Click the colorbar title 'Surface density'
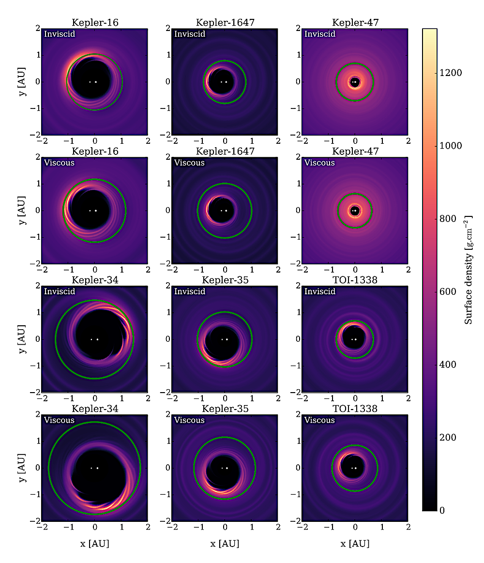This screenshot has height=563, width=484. point(469,270)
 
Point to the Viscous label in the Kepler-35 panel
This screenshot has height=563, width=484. point(189,420)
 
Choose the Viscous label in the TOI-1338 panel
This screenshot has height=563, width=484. point(319,420)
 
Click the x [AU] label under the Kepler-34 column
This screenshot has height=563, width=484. point(95,544)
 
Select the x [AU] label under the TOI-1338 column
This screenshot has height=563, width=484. point(355,544)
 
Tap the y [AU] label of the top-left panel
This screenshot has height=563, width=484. point(22,82)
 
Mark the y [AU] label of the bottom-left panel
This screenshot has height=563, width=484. point(22,468)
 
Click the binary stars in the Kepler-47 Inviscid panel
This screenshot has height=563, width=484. point(355,82)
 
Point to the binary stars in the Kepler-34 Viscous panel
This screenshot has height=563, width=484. point(94,468)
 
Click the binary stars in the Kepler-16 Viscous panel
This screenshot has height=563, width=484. point(93,211)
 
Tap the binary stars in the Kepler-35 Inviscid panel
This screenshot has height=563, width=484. point(225,339)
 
